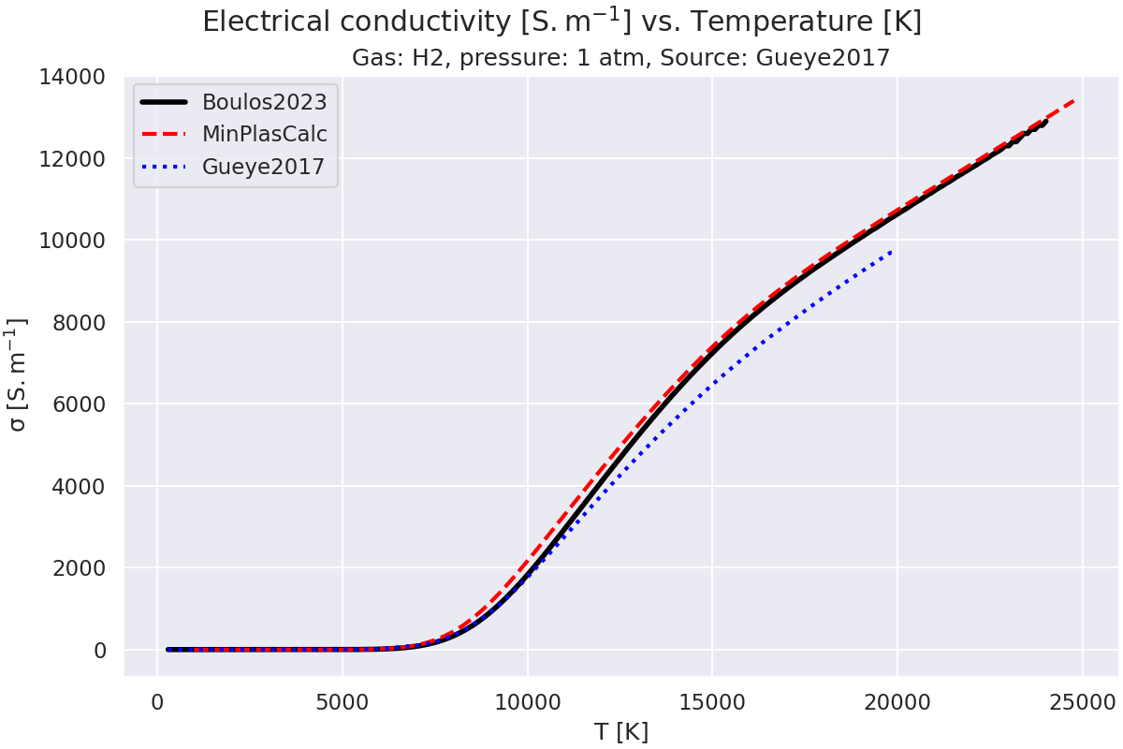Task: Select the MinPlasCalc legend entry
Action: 265,134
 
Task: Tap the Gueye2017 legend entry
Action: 263,168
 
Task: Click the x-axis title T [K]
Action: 620,731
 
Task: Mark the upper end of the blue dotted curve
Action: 891,251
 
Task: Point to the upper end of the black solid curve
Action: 1044,122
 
